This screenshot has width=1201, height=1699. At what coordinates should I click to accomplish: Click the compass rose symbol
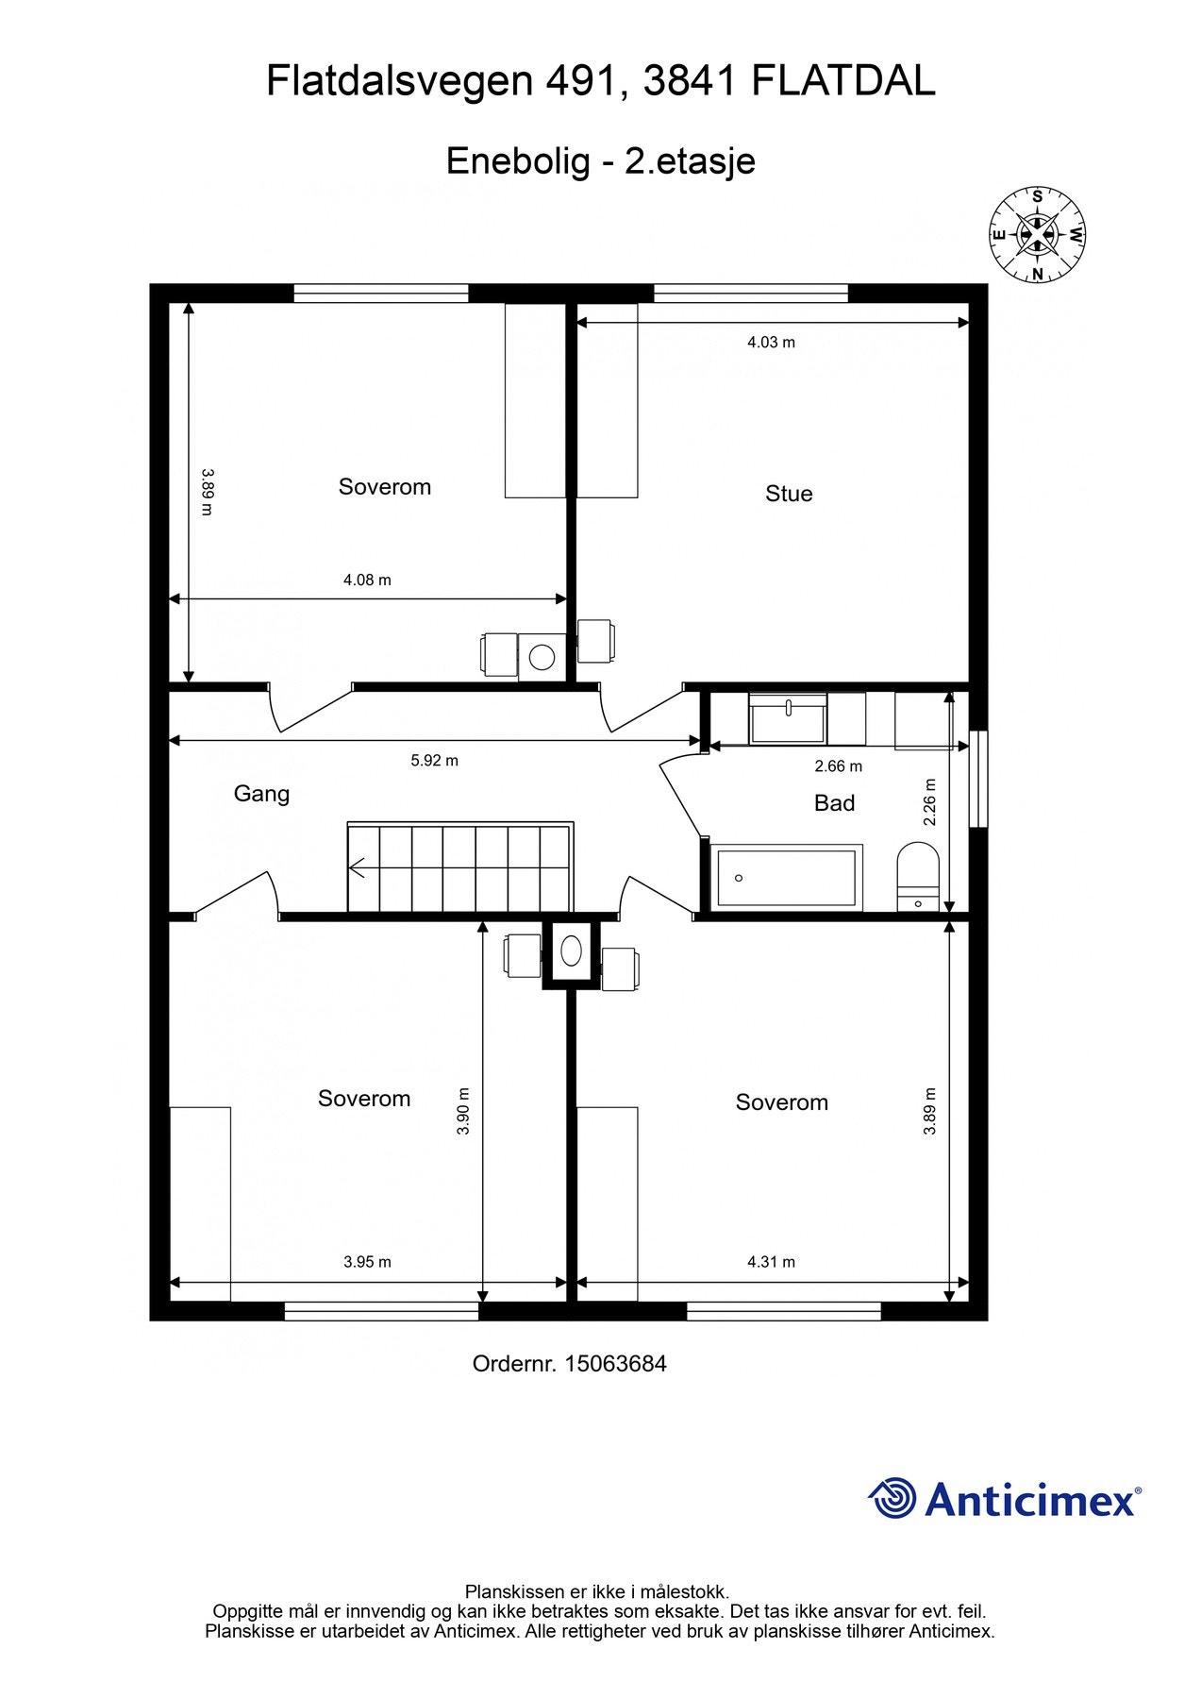point(1037,235)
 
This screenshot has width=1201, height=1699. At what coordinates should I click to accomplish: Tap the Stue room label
point(788,494)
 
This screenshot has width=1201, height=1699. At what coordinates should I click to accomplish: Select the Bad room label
point(834,803)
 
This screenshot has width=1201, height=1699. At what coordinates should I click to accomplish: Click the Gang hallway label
point(261,794)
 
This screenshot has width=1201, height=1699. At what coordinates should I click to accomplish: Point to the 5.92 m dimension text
point(434,761)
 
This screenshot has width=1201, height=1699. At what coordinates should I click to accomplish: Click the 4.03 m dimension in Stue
point(771,343)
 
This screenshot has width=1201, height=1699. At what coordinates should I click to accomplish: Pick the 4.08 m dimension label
point(367,580)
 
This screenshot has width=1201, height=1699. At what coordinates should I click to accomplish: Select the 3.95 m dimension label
point(367,1262)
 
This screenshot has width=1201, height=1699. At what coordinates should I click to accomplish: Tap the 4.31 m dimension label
point(771,1262)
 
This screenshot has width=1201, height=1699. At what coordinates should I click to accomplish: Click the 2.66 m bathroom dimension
point(838,766)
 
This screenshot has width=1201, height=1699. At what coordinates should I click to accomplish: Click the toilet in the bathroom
point(917,875)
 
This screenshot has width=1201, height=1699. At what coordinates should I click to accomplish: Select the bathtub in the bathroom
point(788,878)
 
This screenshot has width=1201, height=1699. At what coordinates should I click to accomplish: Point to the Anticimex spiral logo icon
point(892,1499)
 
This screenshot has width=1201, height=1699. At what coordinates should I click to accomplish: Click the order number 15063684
point(615,1364)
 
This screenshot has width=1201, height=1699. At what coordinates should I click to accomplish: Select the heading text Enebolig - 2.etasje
point(600,161)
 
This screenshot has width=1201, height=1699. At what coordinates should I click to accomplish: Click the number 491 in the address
point(584,82)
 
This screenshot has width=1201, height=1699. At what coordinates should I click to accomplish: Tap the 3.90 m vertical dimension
point(463,1110)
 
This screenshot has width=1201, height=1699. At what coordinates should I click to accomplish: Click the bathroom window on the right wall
point(978,779)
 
